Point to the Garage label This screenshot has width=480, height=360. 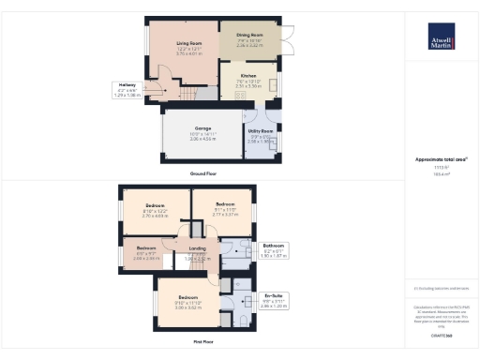point(202,131)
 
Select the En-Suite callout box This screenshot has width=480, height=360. point(273,303)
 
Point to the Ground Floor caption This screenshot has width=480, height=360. point(202,174)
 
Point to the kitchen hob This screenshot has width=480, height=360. point(272,84)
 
